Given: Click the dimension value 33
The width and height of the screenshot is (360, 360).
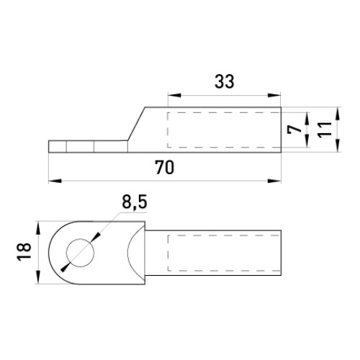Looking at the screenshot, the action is coord(224,81).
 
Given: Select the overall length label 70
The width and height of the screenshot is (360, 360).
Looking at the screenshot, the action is coord(165,167).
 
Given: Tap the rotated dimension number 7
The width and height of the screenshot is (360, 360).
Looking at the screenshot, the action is coord(294,130).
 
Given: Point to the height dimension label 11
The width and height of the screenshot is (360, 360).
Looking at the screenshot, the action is coord(325,130).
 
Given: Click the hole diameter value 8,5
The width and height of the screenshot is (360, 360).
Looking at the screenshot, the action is coord(135,202).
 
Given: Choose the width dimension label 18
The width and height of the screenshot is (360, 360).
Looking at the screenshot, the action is coord(24,252).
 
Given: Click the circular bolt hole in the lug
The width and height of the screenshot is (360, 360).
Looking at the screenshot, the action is coord(81,253).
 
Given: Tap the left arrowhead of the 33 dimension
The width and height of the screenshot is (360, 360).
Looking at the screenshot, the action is coord(174,96).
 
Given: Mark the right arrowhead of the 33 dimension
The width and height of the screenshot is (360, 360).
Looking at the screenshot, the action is coord(274,96).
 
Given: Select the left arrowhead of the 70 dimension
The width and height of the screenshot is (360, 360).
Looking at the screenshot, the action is coord(55,181).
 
